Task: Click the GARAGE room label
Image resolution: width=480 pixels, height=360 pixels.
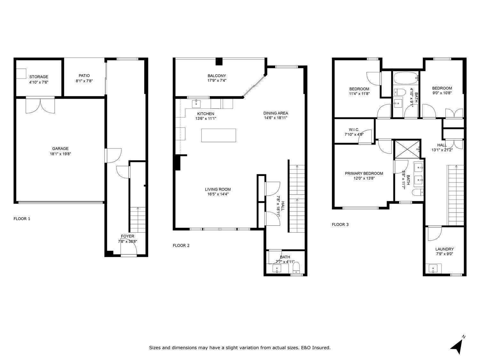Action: tap(60, 148)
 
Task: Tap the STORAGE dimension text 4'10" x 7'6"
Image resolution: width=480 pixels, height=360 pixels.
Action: tap(39, 82)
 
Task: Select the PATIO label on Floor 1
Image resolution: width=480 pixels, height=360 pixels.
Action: tap(84, 76)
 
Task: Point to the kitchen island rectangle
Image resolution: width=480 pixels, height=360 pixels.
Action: tap(219, 135)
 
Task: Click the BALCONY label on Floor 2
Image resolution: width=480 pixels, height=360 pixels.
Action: tap(217, 76)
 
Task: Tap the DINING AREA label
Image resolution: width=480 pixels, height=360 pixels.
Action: tap(276, 113)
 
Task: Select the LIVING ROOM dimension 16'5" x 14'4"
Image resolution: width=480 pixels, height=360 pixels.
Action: tap(218, 194)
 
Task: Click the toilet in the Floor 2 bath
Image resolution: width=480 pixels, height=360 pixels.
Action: tap(296, 267)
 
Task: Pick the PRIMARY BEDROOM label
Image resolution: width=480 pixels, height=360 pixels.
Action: tap(364, 173)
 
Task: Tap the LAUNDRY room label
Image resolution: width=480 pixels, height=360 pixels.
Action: tap(444, 249)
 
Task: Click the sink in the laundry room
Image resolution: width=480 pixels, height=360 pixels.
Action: tap(434, 268)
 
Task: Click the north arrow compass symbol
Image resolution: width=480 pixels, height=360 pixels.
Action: tap(457, 345)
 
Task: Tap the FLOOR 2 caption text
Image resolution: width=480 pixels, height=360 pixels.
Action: tap(181, 245)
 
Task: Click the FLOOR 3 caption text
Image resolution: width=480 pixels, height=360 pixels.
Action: tap(340, 224)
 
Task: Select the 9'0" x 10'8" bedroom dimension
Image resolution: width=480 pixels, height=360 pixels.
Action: tap(442, 93)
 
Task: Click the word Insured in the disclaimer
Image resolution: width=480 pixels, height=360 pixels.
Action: tap(322, 348)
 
